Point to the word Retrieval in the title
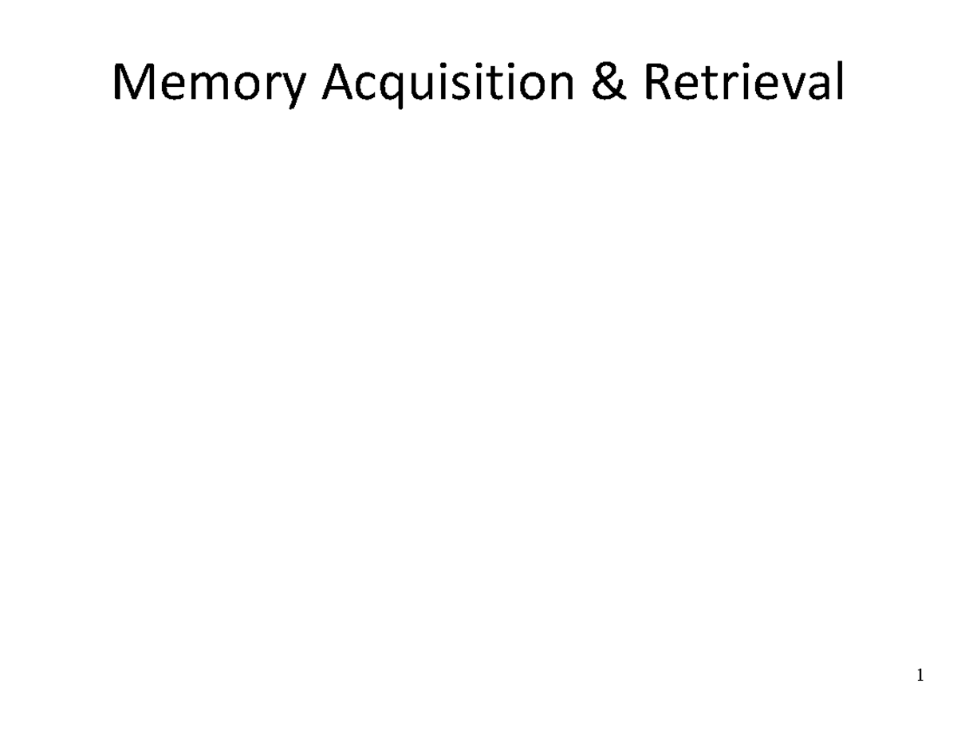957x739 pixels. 743,84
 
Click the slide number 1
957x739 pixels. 920,677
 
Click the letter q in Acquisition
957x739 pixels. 398,89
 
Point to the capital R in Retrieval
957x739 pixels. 659,84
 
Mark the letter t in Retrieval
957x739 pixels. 710,85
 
